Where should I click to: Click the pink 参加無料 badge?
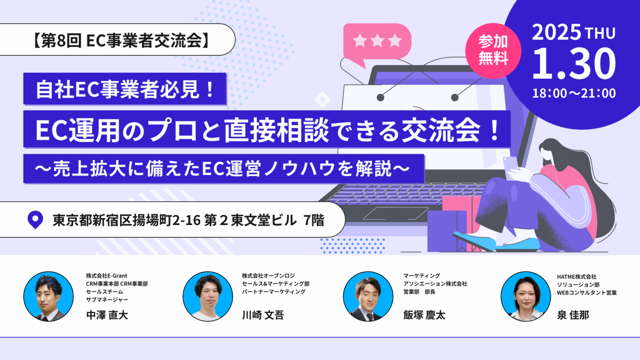point(493,50)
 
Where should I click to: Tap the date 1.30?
point(573,64)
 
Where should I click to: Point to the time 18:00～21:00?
point(574,93)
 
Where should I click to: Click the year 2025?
point(556,32)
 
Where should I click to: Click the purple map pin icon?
point(35,219)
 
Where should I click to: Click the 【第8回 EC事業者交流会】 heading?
point(120,40)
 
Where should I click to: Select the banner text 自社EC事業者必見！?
point(125,89)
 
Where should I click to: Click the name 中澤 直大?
point(107,315)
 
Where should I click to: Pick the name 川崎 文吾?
point(263,315)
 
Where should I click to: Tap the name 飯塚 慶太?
point(424,315)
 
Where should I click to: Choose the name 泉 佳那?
point(573,315)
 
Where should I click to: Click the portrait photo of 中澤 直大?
point(48,296)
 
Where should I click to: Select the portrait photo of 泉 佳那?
point(525,296)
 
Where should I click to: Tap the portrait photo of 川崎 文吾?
point(207,296)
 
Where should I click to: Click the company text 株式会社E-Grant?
point(107,276)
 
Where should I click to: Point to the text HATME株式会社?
point(577,277)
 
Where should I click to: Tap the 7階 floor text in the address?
point(314,220)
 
